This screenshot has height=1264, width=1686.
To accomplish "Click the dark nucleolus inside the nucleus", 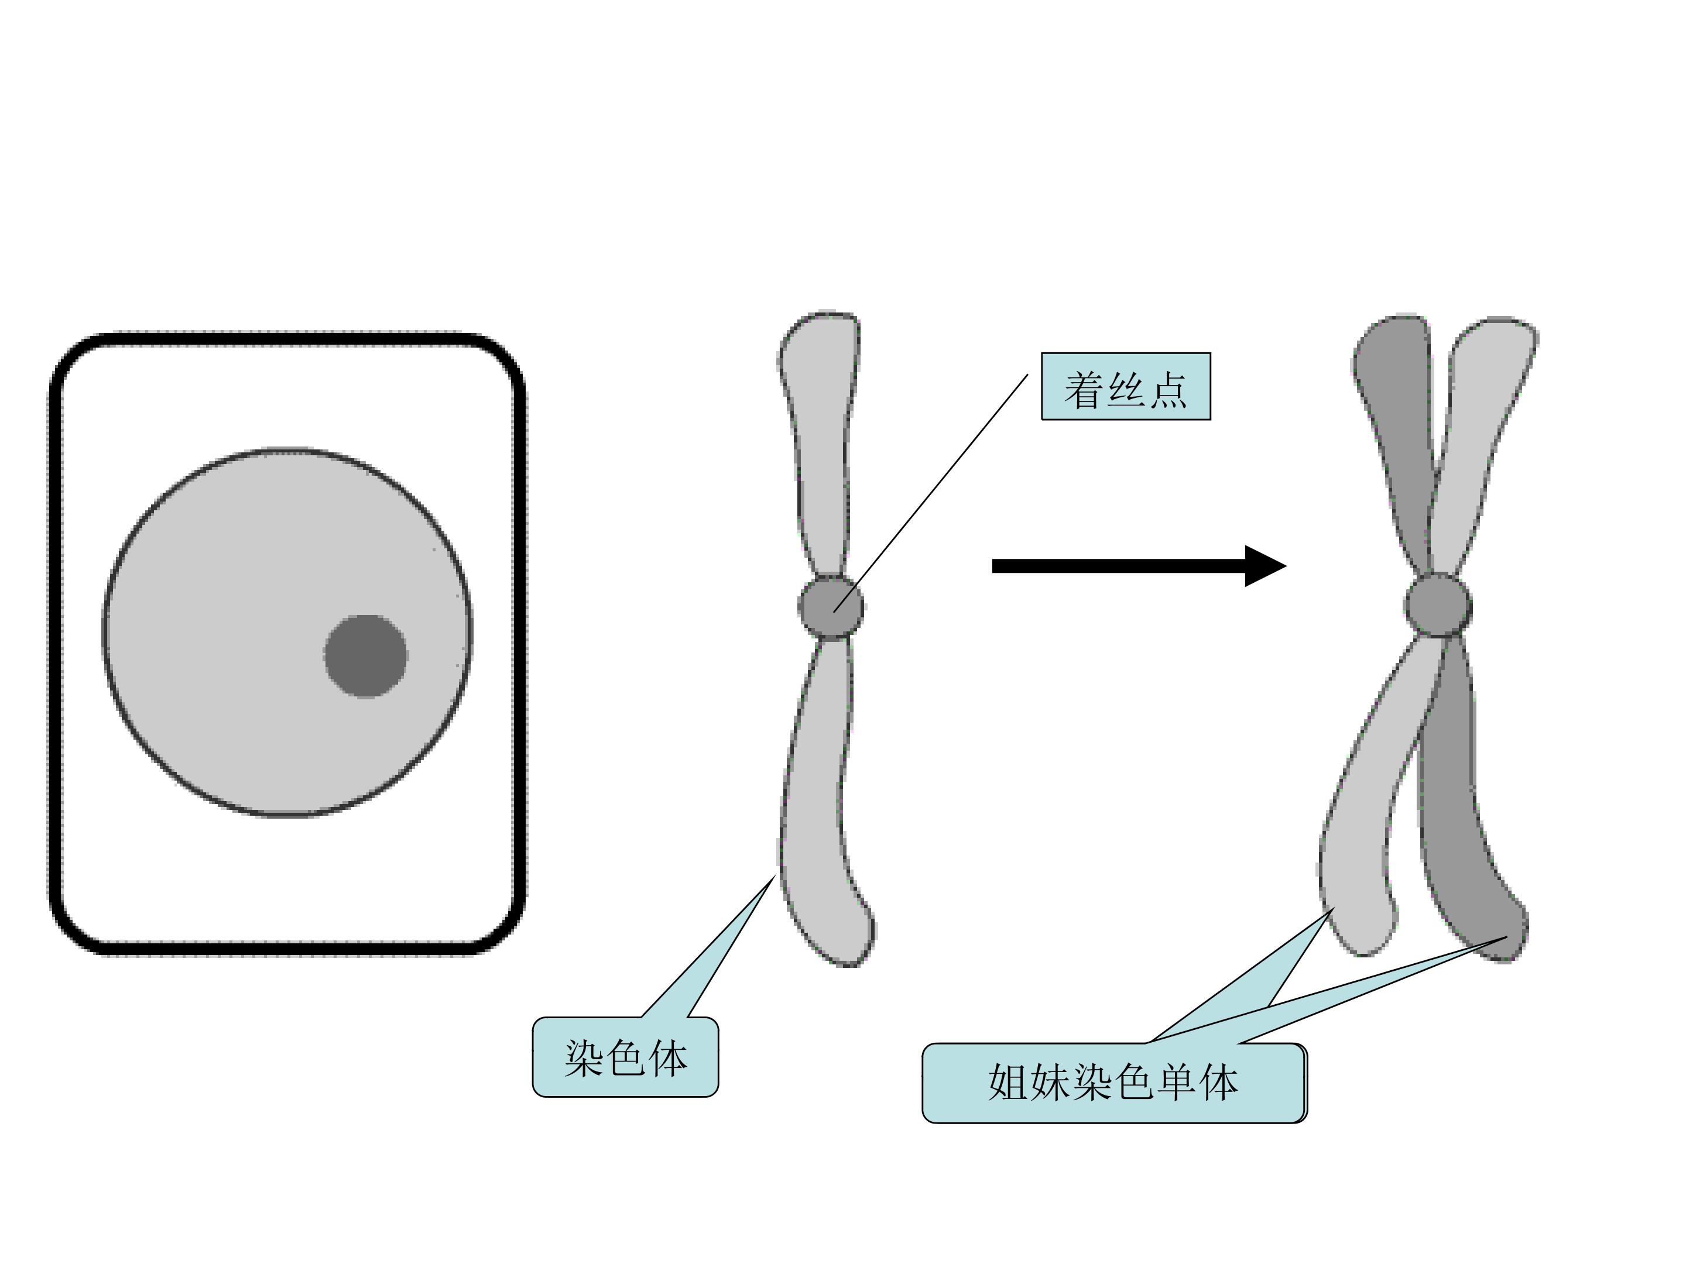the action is pos(366,656).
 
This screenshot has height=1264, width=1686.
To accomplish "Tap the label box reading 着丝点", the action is pos(1126,386).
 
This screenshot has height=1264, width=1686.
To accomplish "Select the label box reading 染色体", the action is pos(625,1057).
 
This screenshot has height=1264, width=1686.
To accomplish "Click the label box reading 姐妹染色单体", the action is pos(1115,1083).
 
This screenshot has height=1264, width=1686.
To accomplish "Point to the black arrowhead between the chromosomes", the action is pos(1264,566).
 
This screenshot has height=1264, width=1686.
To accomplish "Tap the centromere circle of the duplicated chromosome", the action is pos(1438,606).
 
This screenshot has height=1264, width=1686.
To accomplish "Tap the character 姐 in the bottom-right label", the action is pos(1009,1083).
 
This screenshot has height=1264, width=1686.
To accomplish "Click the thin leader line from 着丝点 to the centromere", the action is pos(931,493).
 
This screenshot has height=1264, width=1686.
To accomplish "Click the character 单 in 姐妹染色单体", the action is pos(1177,1083).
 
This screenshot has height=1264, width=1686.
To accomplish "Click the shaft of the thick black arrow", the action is pos(1119,566).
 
